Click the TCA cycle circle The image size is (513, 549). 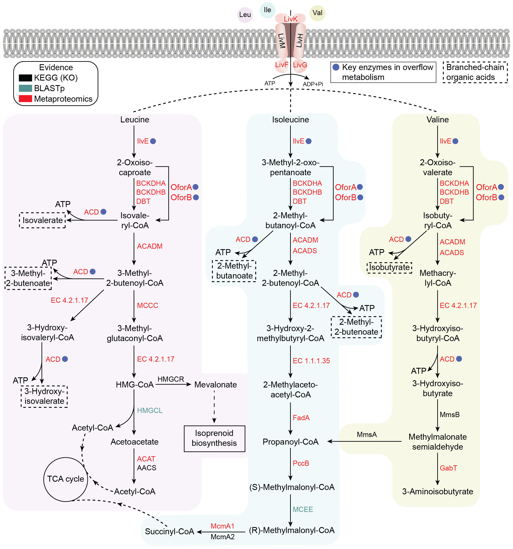pos(66,479)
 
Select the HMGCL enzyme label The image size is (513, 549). pos(150,411)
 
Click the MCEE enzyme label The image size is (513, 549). pos(303,509)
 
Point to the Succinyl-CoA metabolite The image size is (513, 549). pos(170,532)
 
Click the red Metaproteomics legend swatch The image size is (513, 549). pos(25,99)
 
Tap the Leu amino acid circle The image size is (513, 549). pos(245,15)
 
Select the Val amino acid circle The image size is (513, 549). pos(317,13)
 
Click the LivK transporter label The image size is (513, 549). pos(291,19)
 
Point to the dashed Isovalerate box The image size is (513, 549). pos(42,220)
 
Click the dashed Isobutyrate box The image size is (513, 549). pos(389,267)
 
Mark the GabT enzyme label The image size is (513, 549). pos(448,468)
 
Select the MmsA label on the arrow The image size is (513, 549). pos(367,435)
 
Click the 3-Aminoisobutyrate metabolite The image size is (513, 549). pos(438,492)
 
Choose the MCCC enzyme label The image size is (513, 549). pos(147,305)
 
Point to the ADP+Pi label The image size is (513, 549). pos(313,84)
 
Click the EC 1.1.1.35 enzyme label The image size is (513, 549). pos(311,361)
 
